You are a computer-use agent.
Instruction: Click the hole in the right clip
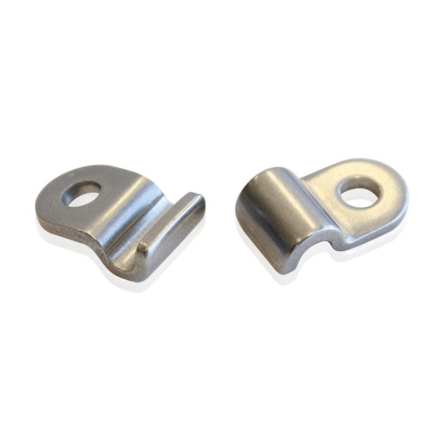(359, 192)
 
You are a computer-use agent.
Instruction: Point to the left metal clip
(115, 217)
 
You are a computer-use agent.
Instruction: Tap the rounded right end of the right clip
(400, 190)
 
